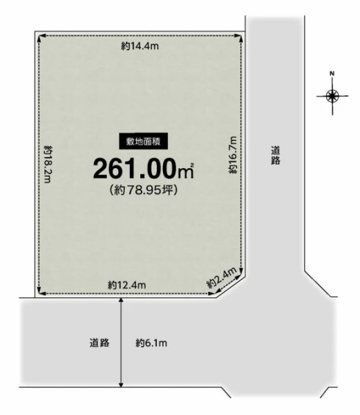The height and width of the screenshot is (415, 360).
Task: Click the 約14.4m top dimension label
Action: pyautogui.click(x=140, y=46)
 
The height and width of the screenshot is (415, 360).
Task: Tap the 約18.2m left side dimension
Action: pyautogui.click(x=48, y=164)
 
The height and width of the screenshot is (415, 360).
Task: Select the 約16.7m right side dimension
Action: pyautogui.click(x=233, y=155)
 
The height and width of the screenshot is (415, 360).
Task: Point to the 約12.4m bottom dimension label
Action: pyautogui.click(x=127, y=285)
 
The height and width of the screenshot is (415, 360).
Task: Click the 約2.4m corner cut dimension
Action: pyautogui.click(x=222, y=278)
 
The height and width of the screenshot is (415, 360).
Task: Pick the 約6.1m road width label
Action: pyautogui.click(x=151, y=343)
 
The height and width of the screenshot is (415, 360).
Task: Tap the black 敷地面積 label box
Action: pyautogui.click(x=143, y=142)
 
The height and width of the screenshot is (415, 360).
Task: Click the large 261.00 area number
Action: pyautogui.click(x=135, y=169)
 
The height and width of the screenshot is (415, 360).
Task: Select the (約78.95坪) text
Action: pyautogui.click(x=143, y=190)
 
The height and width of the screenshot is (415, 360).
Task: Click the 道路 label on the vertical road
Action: pyautogui.click(x=276, y=156)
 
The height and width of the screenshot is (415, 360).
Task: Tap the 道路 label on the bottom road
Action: pyautogui.click(x=100, y=343)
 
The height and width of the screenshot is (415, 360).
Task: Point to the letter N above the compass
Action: pyautogui.click(x=332, y=73)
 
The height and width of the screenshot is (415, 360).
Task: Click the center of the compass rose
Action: pyautogui.click(x=332, y=96)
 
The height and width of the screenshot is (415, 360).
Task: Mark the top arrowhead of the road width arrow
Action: pyautogui.click(x=121, y=300)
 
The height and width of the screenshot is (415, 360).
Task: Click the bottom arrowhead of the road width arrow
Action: pyautogui.click(x=121, y=385)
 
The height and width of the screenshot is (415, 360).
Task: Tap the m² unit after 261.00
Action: pyautogui.click(x=186, y=171)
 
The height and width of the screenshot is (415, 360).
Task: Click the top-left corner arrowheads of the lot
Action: pyautogui.click(x=40, y=37)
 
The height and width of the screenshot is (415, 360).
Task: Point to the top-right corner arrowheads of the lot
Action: pyautogui.click(x=239, y=37)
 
